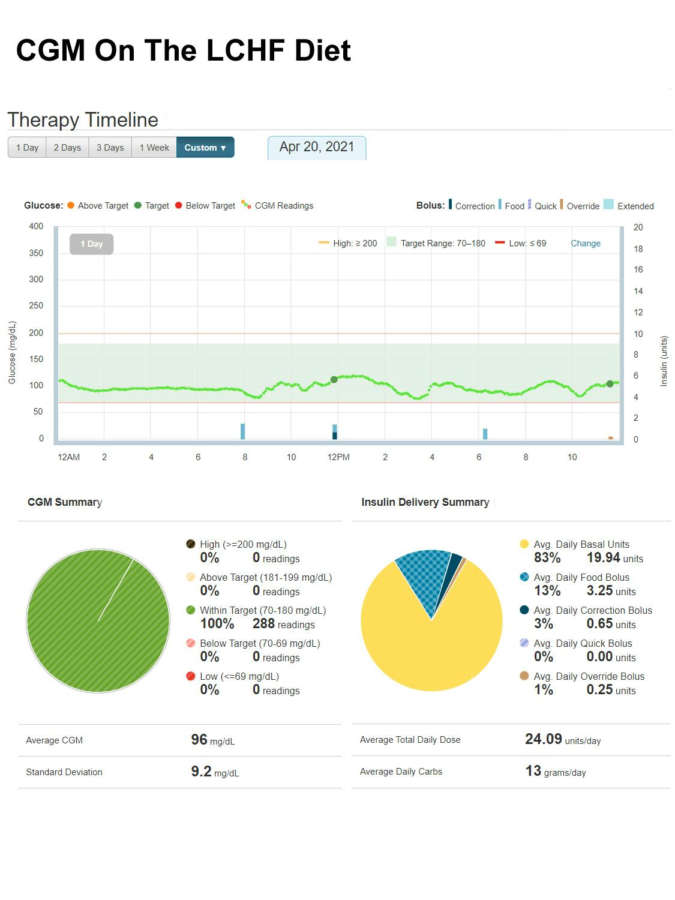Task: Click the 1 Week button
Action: (x=154, y=148)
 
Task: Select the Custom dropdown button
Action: (x=205, y=148)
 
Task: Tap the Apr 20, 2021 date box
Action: (x=317, y=147)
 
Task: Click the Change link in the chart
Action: (x=585, y=243)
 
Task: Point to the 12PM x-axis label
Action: (x=338, y=457)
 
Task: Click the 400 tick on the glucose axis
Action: (x=36, y=226)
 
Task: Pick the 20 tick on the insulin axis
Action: (x=638, y=227)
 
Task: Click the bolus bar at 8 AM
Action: (x=243, y=431)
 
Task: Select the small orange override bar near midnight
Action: (x=611, y=438)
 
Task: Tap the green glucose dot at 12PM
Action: (x=334, y=379)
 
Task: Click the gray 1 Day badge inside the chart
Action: (x=91, y=244)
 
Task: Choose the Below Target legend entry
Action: (x=205, y=206)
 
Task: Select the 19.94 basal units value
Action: (x=603, y=558)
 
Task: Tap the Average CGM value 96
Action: (x=199, y=740)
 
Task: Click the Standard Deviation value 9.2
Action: (x=202, y=772)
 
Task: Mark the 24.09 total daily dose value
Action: (x=544, y=739)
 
